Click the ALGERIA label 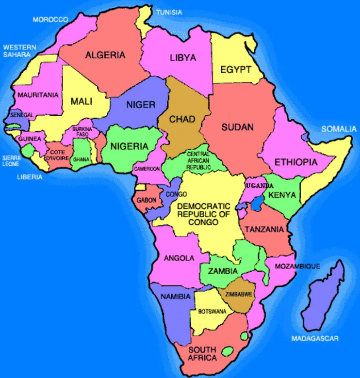click(105, 55)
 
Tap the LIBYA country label click(182, 58)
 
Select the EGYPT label click(236, 69)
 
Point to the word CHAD click(182, 119)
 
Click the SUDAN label click(237, 127)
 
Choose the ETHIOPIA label click(296, 162)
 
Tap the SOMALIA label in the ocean click(339, 129)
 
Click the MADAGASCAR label click(315, 338)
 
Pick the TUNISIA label click(169, 12)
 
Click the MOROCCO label click(50, 19)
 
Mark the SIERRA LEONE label click(11, 161)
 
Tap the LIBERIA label click(30, 177)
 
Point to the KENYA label click(282, 195)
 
